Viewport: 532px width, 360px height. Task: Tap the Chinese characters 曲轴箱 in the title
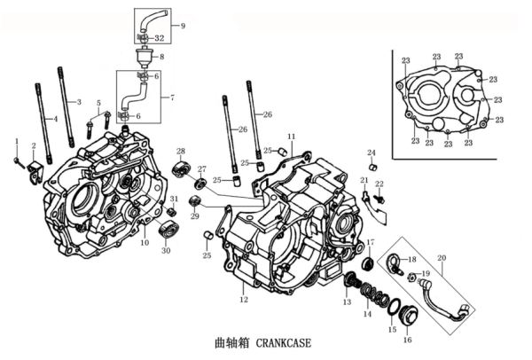click(230, 341)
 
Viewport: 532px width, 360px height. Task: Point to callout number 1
click(15, 142)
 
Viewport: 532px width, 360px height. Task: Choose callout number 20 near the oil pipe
click(441, 258)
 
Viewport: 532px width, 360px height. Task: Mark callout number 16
click(407, 340)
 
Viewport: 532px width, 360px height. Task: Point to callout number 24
click(372, 153)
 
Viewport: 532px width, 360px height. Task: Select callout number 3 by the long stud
click(79, 102)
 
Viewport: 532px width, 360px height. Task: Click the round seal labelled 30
click(165, 232)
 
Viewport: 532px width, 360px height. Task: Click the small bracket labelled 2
click(36, 168)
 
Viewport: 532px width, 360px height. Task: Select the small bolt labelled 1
click(19, 160)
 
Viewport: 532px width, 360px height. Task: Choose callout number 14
click(367, 314)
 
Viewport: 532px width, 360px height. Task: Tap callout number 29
click(195, 215)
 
